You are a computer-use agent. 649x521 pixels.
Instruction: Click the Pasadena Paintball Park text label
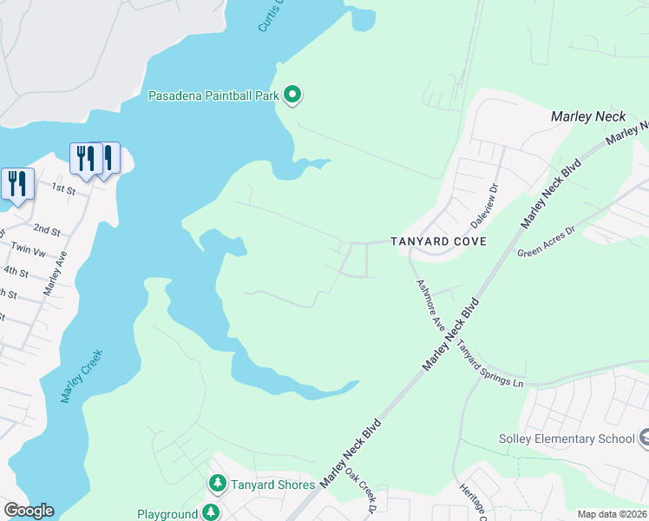coord(213,96)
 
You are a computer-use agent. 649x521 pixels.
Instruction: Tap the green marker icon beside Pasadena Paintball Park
coord(293,95)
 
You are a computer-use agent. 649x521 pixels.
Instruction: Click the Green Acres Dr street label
coord(546,241)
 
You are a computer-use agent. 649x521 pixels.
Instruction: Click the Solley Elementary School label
coord(567,439)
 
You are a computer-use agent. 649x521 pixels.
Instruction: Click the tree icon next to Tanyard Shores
coord(217,483)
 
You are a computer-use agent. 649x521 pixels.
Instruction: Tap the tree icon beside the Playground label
coord(210,513)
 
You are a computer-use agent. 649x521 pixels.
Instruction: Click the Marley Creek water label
coord(82,375)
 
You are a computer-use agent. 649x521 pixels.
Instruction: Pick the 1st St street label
coord(64,188)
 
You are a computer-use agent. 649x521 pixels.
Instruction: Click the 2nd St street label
coord(46,231)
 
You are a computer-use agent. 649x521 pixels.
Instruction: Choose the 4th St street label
coord(16,271)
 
